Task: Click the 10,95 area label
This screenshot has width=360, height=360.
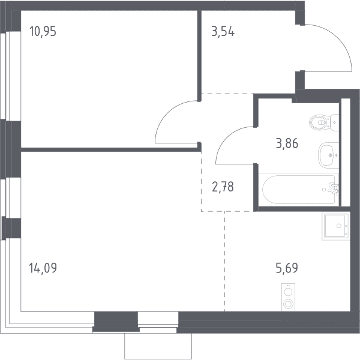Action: tap(43, 31)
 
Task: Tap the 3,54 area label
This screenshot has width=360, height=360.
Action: tap(223, 31)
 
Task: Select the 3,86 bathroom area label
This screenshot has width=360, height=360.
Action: tap(287, 143)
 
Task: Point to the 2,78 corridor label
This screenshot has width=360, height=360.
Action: tap(223, 187)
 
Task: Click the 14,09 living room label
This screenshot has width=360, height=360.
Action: tap(43, 268)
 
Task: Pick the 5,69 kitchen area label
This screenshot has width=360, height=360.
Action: tap(287, 268)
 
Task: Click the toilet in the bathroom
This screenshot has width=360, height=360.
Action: tap(324, 122)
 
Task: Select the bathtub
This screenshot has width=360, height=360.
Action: tap(298, 190)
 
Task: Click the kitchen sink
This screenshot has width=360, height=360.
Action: tap(336, 226)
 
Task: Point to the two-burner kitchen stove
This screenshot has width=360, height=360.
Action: tap(288, 298)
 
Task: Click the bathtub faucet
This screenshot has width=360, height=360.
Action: tap(334, 188)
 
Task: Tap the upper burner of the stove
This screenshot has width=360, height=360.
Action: tap(288, 292)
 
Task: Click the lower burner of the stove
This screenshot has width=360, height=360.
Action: tap(288, 304)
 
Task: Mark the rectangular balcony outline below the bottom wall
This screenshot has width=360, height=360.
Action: tap(158, 346)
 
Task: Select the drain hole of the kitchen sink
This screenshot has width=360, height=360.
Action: tap(339, 226)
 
